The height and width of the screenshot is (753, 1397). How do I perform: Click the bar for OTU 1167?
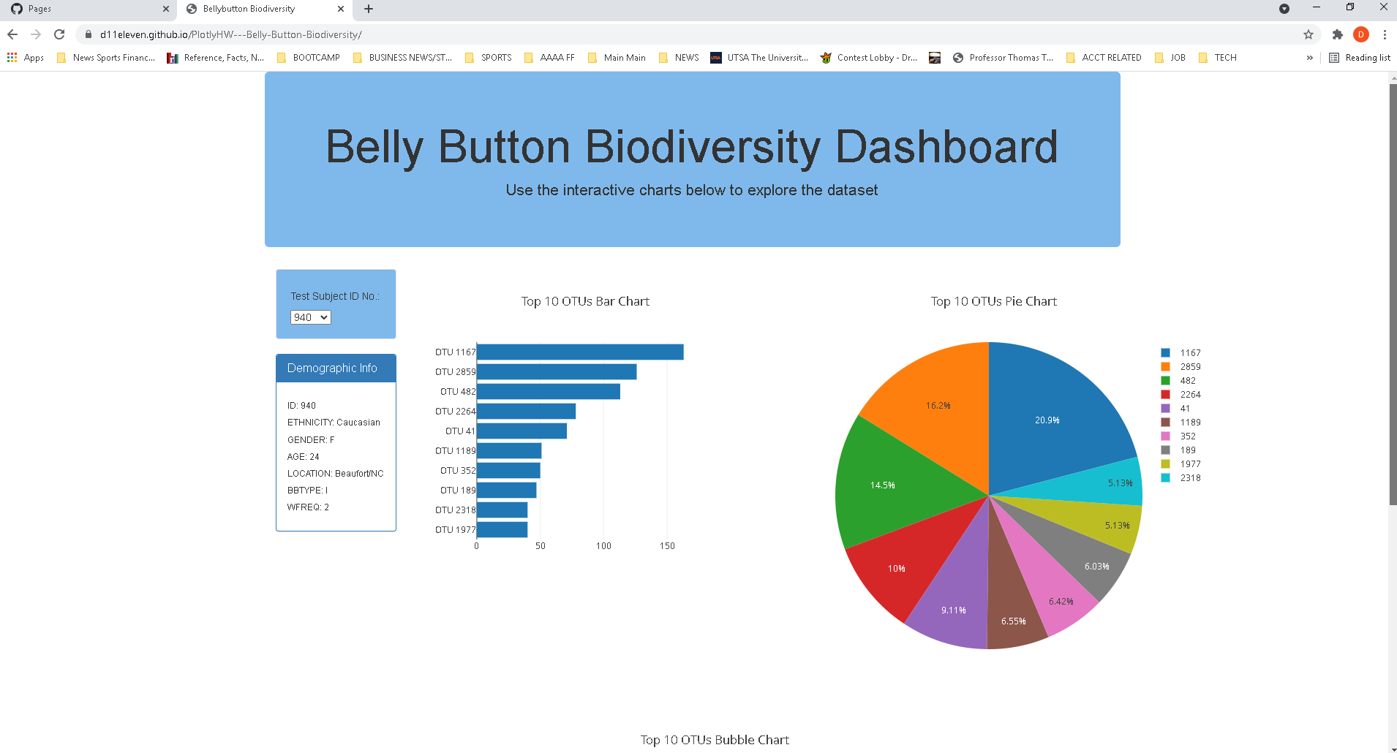[x=579, y=352]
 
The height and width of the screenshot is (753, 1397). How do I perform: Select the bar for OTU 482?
[x=548, y=392]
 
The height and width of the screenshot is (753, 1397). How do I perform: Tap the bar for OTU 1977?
[x=502, y=530]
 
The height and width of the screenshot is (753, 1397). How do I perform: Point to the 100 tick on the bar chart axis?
[x=603, y=546]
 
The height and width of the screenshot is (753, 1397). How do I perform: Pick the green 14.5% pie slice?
[x=892, y=483]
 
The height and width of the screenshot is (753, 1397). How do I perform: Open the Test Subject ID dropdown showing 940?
[x=311, y=317]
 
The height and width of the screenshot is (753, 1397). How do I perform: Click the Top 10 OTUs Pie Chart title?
[x=993, y=301]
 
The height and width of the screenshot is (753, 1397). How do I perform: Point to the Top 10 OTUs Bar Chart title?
[x=585, y=301]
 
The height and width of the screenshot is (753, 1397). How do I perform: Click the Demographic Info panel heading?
[x=332, y=368]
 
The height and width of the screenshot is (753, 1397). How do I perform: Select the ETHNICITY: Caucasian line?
[x=334, y=423]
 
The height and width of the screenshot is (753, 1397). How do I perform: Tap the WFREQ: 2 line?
[x=308, y=507]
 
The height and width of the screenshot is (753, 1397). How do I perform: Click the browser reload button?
[x=59, y=34]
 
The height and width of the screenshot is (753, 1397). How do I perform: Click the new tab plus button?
[x=369, y=9]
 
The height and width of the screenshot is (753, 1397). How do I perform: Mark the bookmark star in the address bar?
[x=1308, y=34]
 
